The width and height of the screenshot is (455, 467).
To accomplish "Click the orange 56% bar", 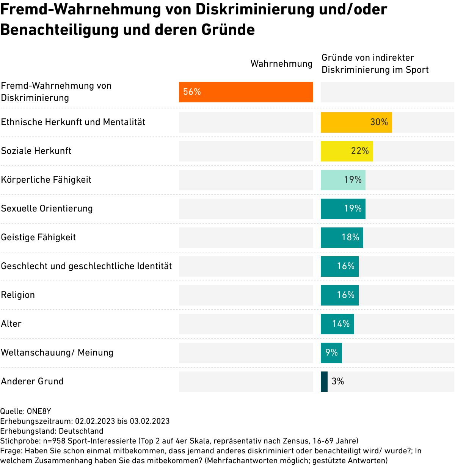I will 246,92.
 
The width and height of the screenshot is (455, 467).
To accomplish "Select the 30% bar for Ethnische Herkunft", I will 356,122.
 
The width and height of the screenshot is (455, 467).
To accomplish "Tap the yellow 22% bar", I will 347,151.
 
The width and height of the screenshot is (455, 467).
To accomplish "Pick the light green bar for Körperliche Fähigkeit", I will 343,180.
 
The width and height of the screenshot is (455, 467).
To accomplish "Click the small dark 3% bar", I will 324,382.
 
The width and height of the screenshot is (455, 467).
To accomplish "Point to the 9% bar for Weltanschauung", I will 331,353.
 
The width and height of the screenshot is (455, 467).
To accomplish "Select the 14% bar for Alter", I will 337,324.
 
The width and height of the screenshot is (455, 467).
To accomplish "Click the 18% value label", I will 350,237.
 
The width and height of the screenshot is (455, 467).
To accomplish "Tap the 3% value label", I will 338,381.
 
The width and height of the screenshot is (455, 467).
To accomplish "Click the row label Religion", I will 18,295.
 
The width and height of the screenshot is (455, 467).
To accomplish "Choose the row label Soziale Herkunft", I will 36,151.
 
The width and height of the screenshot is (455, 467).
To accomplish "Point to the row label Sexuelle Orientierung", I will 47,208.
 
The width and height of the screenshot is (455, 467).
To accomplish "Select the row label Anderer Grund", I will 32,381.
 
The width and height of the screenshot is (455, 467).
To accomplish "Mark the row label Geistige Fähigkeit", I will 38,237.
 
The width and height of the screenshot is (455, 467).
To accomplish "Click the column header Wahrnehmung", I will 281,64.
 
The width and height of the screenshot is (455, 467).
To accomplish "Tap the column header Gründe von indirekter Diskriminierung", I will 375,64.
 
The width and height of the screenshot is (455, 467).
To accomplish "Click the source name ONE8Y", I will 39,411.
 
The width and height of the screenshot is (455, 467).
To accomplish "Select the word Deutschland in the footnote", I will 81,431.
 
